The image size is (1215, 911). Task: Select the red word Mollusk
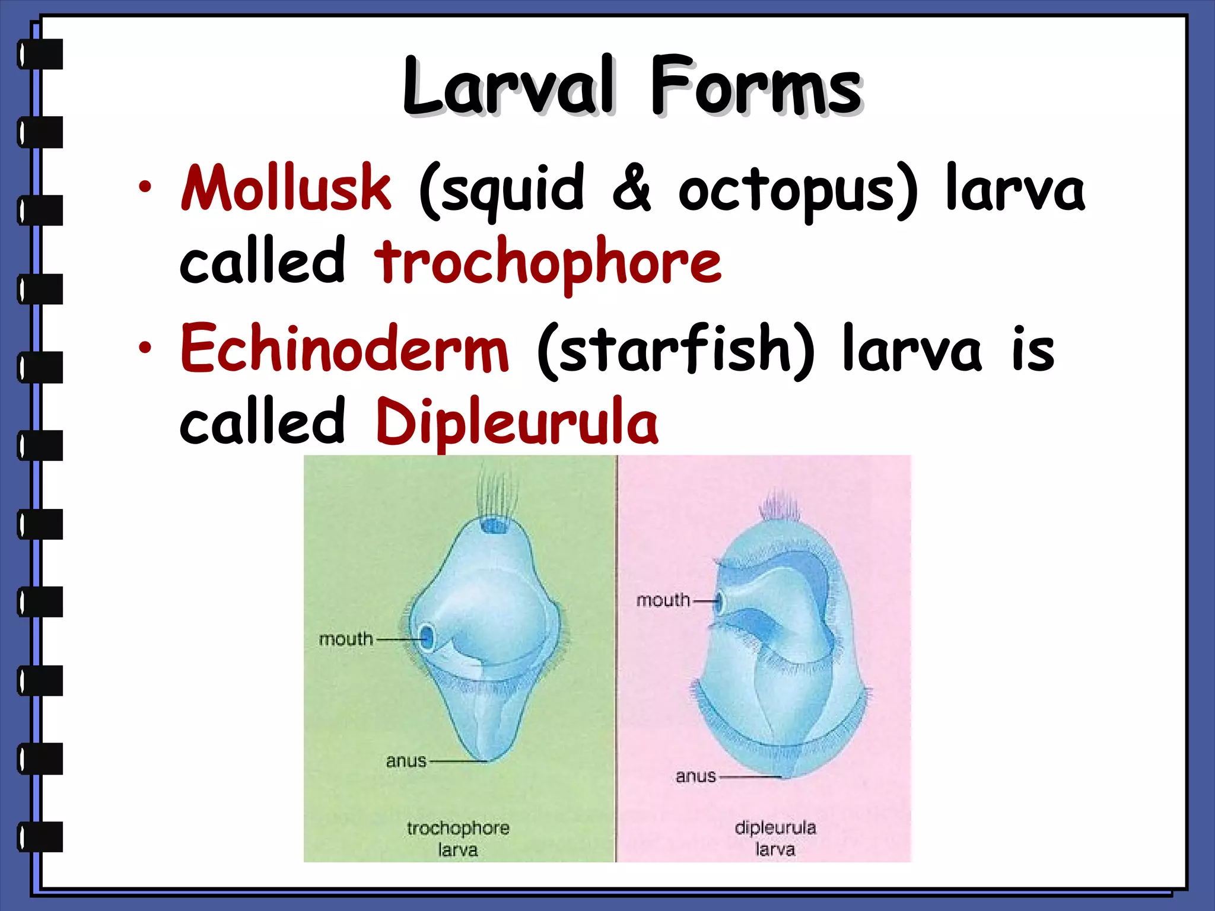[286, 189]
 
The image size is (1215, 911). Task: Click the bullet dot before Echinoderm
[144, 349]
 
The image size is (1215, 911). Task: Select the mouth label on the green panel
[346, 639]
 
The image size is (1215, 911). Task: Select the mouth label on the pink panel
[663, 600]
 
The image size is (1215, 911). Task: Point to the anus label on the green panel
[406, 761]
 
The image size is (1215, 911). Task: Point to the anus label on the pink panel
[695, 776]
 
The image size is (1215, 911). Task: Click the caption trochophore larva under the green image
[458, 838]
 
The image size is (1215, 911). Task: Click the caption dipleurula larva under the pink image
[775, 837]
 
